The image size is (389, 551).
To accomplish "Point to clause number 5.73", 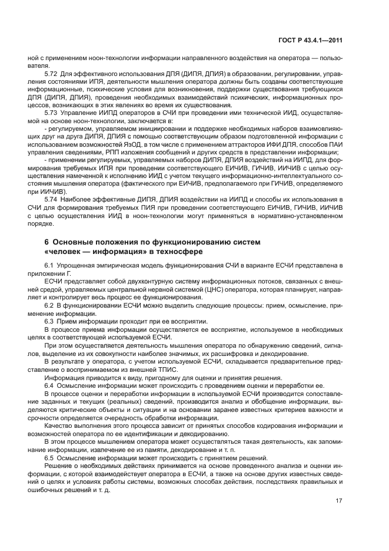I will tap(51, 111).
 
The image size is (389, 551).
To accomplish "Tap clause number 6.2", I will tap(49, 305).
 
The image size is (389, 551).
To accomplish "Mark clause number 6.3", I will tap(49, 321).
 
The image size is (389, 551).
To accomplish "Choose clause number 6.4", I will tap(49, 385).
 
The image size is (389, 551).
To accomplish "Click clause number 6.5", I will tap(49, 457).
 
